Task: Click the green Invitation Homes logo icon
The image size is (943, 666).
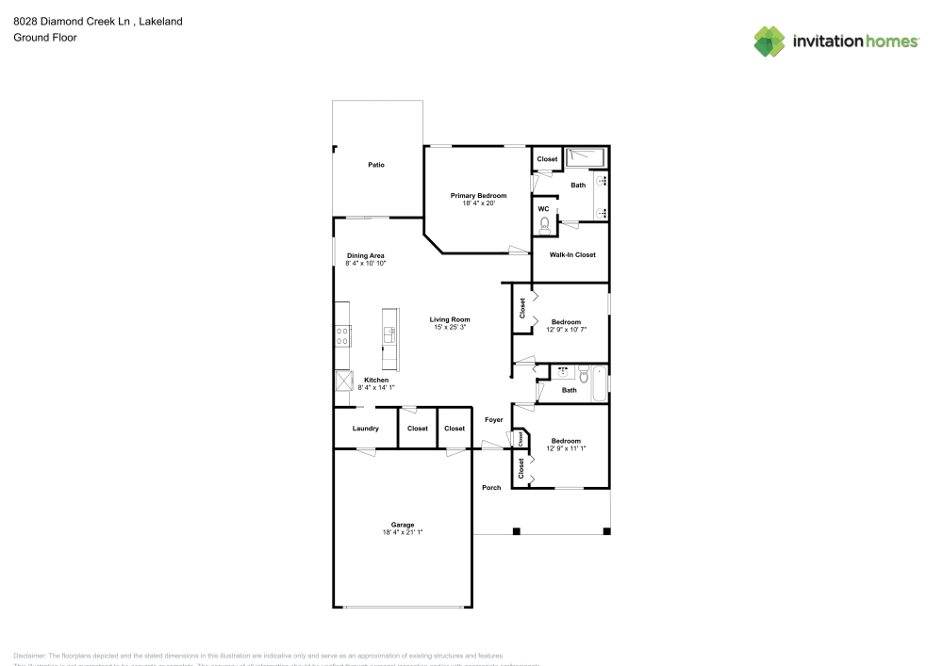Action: coord(769,41)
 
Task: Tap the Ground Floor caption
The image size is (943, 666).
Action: coord(45,38)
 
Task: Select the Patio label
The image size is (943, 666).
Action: coord(376,165)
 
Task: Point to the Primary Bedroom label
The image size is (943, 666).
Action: coord(478,195)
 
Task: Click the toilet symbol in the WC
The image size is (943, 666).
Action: coord(544,225)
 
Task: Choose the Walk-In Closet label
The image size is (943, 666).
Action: coord(572,254)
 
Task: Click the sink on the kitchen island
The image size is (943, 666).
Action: coord(389,333)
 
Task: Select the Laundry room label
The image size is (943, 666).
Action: coord(365,429)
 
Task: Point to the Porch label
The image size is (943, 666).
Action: coord(491,487)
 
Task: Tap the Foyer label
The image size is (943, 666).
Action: coord(494,419)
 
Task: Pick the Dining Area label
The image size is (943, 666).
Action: coord(365,255)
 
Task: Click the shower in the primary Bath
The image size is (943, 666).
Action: coord(586,156)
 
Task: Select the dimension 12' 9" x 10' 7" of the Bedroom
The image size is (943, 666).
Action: coord(566,329)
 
